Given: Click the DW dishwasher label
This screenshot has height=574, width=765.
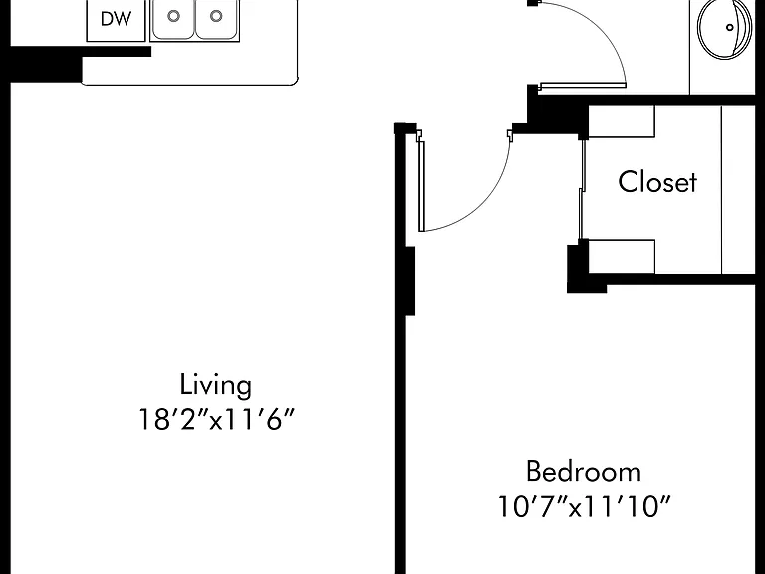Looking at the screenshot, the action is point(116,19).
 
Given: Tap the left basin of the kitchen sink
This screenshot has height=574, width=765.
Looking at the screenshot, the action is point(173,19).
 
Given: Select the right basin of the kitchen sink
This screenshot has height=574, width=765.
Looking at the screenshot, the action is point(216,19).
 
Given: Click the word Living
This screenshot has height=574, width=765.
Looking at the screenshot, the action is point(215,385).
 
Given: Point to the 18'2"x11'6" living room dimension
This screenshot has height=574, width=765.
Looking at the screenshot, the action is point(217,419).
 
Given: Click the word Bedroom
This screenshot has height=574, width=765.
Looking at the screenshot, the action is point(584,472).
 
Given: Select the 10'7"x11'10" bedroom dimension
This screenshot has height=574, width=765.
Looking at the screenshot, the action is point(584,506).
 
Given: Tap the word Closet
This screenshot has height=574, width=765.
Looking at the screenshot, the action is point(657,182).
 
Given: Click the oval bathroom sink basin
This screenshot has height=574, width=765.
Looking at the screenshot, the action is point(725,28).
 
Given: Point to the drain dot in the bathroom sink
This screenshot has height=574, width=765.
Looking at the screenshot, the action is point(730,27).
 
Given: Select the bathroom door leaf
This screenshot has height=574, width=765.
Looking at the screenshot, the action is point(583,86).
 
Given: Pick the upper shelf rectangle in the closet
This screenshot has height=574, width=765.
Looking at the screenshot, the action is point(622,121).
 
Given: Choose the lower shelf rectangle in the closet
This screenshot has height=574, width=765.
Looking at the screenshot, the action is point(622,256).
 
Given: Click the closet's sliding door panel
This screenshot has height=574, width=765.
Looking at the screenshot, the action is point(582,189).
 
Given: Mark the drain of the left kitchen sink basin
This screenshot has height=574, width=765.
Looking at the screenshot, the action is point(173,16).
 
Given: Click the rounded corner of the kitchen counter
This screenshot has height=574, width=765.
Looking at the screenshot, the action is point(293,80).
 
